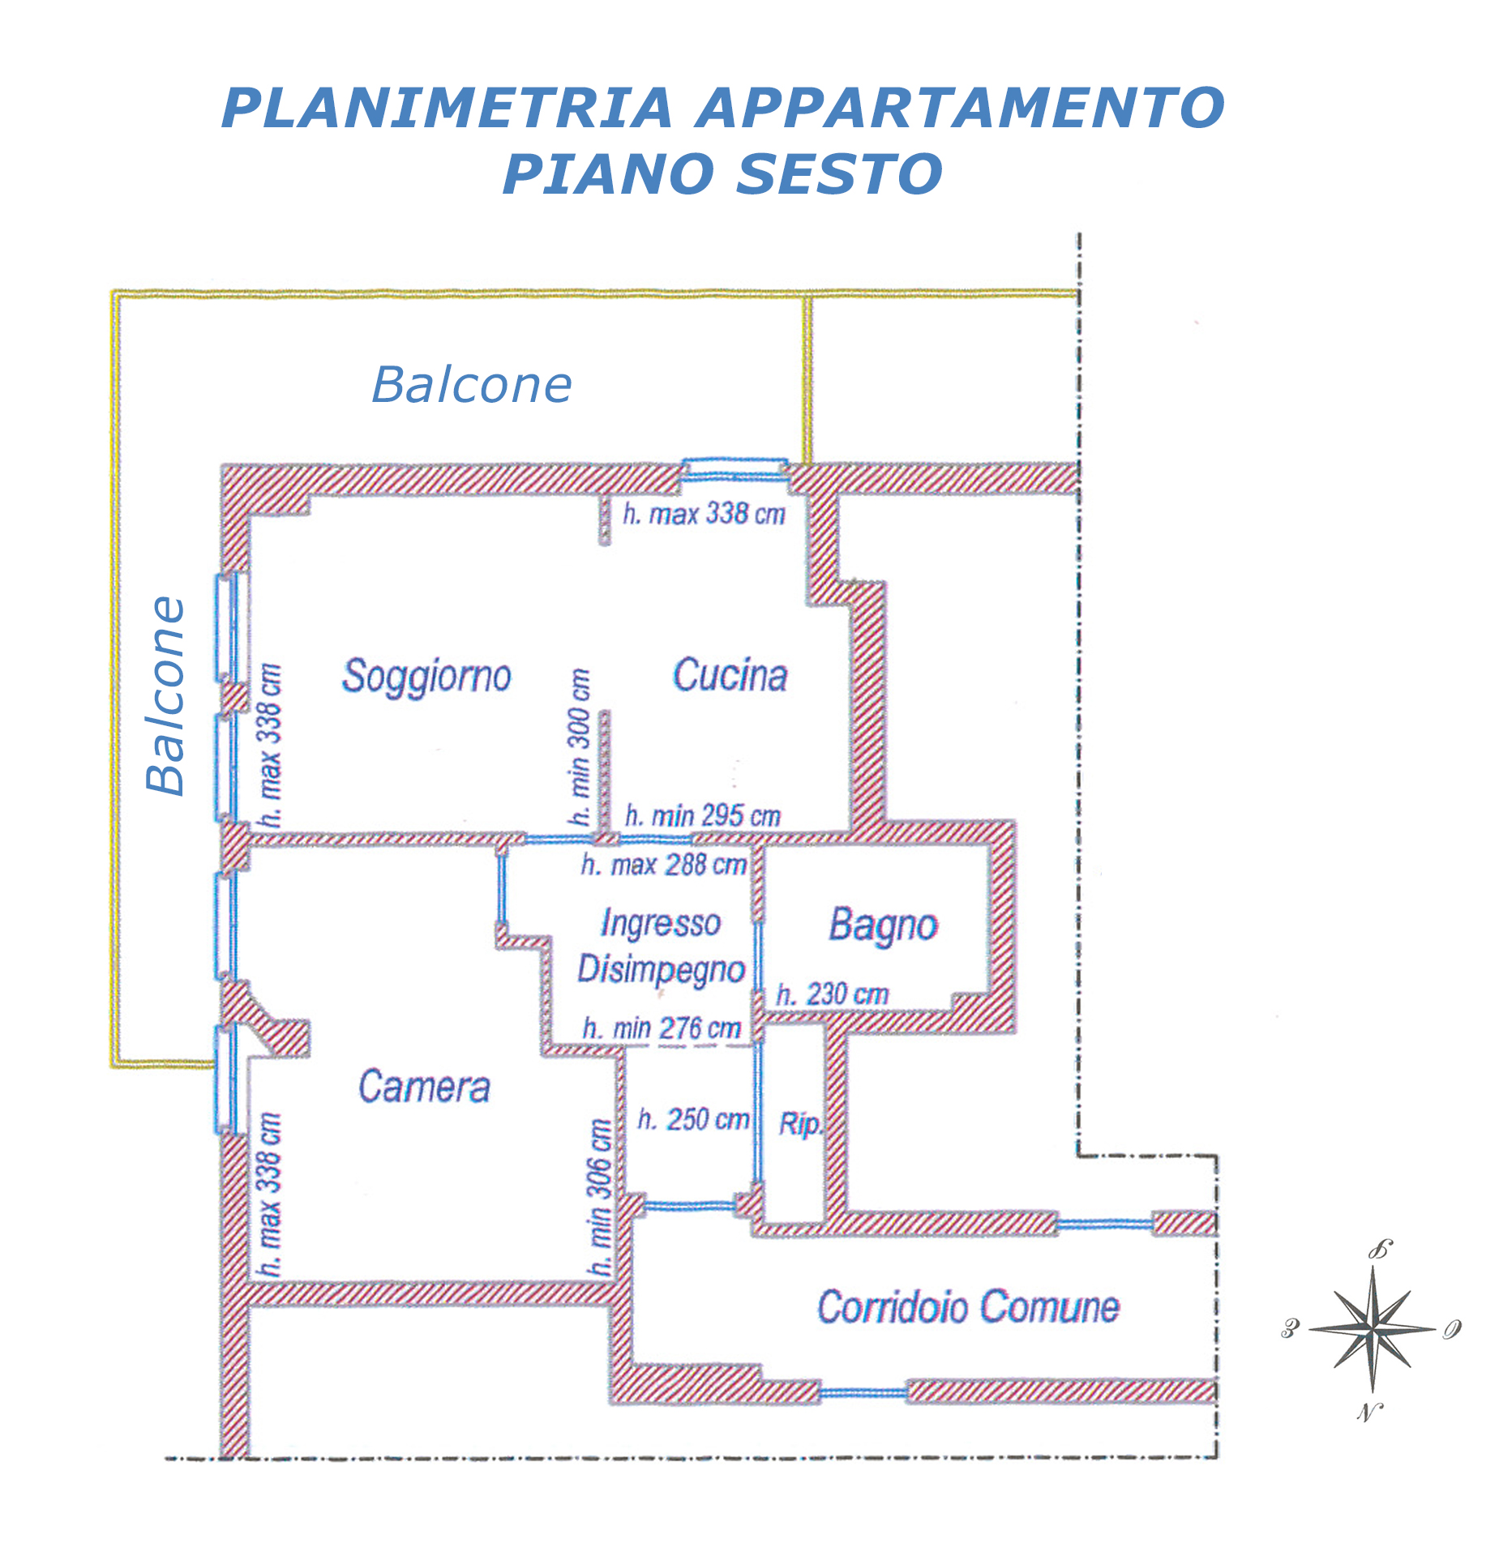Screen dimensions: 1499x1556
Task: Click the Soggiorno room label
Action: click(426, 677)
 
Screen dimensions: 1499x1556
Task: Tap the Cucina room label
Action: click(730, 675)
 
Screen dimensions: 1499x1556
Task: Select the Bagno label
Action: click(883, 926)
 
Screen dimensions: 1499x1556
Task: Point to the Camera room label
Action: click(424, 1087)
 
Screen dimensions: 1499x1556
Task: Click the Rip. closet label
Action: click(800, 1124)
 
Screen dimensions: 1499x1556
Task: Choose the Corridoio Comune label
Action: click(968, 1307)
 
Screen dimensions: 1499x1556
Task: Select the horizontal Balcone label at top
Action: click(472, 384)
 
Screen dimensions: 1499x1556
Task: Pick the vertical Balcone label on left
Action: click(166, 696)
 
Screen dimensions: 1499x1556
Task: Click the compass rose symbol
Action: click(1372, 1330)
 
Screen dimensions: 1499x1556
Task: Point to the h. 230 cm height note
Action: click(833, 994)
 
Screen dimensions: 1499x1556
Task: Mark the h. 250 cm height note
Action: click(693, 1119)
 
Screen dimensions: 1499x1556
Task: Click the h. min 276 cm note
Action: click(662, 1028)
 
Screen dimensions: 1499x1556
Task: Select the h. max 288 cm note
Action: click(664, 865)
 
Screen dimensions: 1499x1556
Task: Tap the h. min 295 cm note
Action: click(703, 815)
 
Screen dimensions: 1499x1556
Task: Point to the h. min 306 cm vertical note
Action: click(599, 1197)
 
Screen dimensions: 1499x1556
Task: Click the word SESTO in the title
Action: click(841, 174)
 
